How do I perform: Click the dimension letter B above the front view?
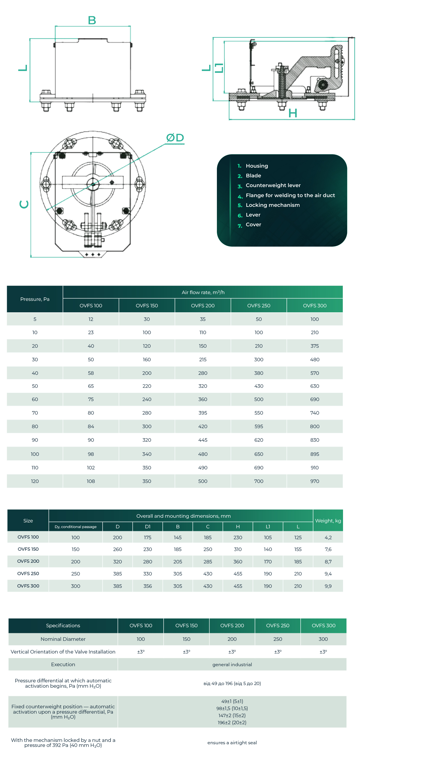pyautogui.click(x=92, y=20)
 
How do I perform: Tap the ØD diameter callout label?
pyautogui.click(x=175, y=138)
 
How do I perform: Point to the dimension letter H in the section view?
pyautogui.click(x=293, y=113)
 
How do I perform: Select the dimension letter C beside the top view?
pyautogui.click(x=24, y=204)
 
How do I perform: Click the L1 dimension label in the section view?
pyautogui.click(x=219, y=68)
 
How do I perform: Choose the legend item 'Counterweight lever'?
pyautogui.click(x=273, y=185)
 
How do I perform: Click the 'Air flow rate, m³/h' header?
pyautogui.click(x=203, y=292)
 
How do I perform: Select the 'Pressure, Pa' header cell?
pyautogui.click(x=35, y=299)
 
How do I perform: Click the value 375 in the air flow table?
pyautogui.click(x=315, y=346)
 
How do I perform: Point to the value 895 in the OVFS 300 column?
pyautogui.click(x=315, y=454)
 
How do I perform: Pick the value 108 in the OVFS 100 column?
pyautogui.click(x=91, y=481)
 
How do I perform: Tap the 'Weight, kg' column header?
pyautogui.click(x=328, y=521)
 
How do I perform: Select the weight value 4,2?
pyautogui.click(x=328, y=537)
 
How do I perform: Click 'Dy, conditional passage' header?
pyautogui.click(x=75, y=527)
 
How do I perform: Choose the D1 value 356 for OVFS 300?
pyautogui.click(x=148, y=586)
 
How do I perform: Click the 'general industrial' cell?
pyautogui.click(x=232, y=664)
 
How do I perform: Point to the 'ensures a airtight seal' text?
pyautogui.click(x=232, y=742)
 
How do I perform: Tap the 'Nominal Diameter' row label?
pyautogui.click(x=63, y=639)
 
